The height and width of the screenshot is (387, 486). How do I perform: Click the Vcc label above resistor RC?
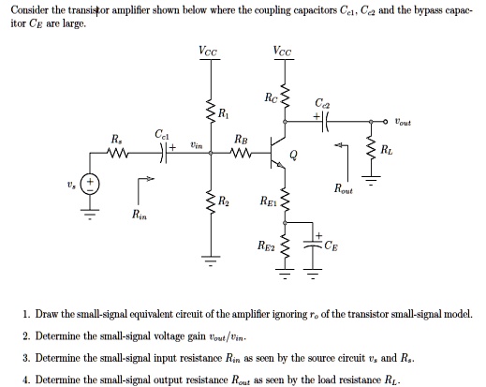283,52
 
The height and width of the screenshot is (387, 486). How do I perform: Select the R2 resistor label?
222,201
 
